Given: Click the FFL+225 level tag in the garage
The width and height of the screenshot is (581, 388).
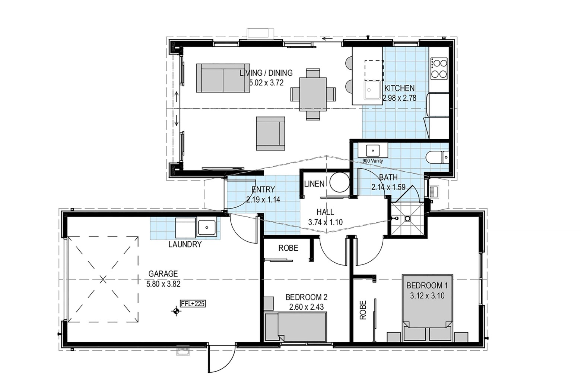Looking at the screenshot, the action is coord(193,304).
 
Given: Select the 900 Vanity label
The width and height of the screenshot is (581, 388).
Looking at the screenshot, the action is coord(372,161).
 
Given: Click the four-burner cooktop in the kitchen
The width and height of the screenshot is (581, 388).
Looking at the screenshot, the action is coord(439,69).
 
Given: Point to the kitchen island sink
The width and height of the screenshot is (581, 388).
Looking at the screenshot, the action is coord(371,90).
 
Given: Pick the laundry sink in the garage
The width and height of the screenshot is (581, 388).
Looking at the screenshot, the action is coord(207,228).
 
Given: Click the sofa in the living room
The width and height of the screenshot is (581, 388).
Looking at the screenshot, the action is coord(223,78).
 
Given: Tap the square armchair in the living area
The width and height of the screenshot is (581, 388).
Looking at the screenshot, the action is coord(270,134).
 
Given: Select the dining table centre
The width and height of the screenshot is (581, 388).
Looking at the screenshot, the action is coord(313,94).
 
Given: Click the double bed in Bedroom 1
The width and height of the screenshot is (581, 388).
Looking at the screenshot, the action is coord(428,308).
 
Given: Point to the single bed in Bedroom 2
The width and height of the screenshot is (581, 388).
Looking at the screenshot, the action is coord(296,327).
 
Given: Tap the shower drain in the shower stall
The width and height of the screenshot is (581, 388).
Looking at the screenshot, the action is coord(407,219).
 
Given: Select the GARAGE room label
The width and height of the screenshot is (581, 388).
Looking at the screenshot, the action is coord(163,274).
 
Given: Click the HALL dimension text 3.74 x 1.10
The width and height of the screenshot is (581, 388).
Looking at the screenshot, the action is coord(325,222).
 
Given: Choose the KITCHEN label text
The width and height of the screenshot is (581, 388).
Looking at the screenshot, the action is coord(399,88).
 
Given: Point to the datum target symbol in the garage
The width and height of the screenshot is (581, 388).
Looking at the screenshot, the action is coord(176,310).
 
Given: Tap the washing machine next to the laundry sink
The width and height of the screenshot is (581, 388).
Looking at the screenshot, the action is coord(185,228).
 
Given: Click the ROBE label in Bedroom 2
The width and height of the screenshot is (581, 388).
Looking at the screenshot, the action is coord(288,248).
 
